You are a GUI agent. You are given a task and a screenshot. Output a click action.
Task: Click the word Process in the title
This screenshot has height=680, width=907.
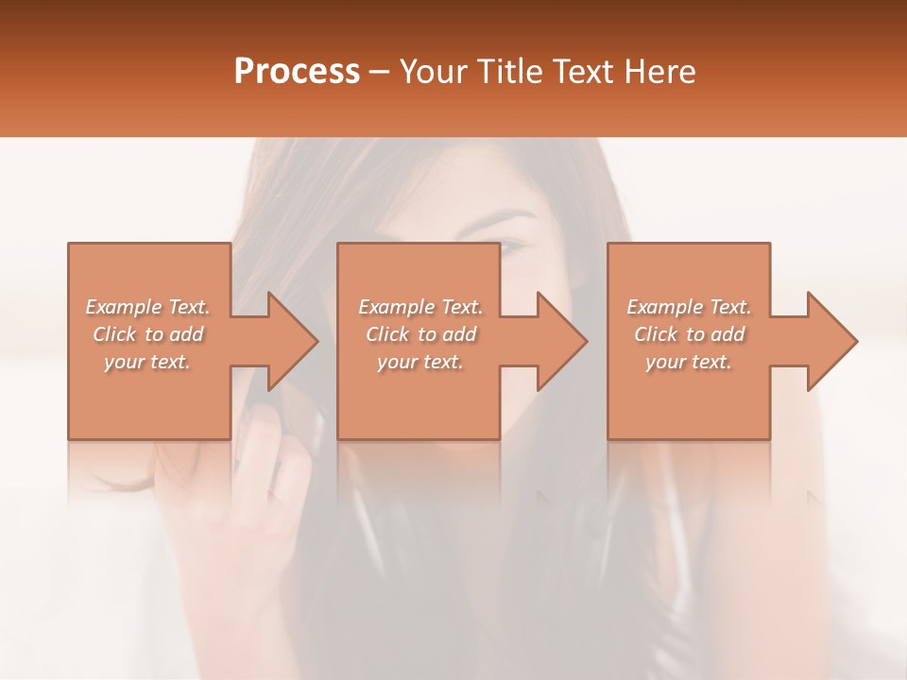click(297, 72)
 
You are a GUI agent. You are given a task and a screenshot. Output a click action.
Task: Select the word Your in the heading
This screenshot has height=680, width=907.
click(434, 72)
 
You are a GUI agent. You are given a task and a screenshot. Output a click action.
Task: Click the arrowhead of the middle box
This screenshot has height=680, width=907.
click(561, 341)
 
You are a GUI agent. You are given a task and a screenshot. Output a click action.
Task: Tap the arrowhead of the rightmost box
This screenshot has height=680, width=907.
click(831, 341)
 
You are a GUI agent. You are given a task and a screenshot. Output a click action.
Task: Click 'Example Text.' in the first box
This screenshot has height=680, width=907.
click(147, 307)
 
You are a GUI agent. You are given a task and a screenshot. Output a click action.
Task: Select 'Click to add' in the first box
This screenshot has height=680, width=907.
click(147, 334)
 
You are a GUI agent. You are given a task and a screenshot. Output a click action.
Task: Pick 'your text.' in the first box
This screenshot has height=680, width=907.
click(147, 362)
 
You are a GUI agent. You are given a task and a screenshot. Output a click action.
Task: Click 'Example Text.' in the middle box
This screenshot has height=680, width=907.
click(419, 307)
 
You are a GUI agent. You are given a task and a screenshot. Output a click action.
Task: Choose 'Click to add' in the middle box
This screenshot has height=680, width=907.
click(419, 334)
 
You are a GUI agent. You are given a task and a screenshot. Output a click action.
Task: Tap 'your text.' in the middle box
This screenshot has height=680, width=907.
click(419, 362)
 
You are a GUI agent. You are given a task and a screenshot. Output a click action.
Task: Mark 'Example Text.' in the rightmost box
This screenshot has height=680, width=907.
click(689, 307)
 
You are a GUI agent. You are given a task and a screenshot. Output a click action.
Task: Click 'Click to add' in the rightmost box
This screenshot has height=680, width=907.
click(689, 334)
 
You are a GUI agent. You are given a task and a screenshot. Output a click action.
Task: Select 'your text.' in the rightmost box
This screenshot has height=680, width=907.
click(689, 362)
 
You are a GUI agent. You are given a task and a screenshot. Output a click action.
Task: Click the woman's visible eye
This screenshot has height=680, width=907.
click(511, 247)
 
